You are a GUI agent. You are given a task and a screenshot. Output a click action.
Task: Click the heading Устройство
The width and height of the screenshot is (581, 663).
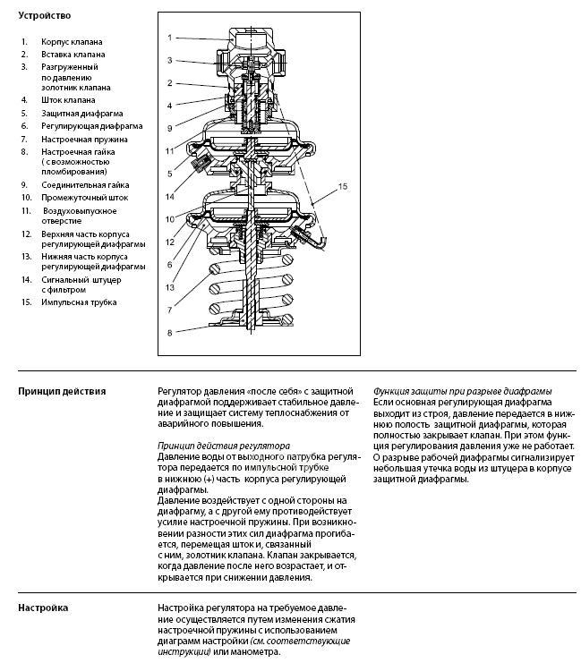tap(44, 16)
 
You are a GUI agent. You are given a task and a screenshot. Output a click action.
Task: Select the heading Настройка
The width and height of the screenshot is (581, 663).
tap(43, 608)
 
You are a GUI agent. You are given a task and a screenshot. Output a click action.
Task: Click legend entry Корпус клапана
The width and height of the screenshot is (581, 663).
tap(72, 42)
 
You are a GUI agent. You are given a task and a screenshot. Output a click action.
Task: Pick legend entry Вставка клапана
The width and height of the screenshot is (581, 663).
tap(73, 55)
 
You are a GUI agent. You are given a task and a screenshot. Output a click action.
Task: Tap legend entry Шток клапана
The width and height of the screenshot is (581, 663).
tap(68, 100)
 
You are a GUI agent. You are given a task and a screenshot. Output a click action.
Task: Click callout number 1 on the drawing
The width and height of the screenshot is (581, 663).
tap(168, 38)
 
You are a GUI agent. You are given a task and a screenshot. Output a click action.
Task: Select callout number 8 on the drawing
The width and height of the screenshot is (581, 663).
tap(168, 334)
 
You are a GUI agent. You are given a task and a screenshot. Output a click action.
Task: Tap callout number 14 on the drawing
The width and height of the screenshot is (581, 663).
tap(168, 196)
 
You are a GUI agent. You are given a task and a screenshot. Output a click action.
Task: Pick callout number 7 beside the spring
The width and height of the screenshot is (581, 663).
tap(168, 310)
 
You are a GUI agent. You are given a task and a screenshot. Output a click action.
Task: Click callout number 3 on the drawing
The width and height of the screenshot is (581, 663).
tap(168, 61)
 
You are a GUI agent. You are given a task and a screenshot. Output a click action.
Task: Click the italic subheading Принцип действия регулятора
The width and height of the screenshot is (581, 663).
tap(223, 445)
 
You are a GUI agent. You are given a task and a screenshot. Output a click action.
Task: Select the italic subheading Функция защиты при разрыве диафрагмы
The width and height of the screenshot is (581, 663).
tap(461, 391)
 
